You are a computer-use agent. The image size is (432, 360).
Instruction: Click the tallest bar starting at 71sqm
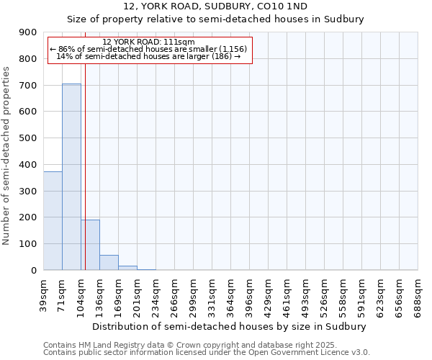coord(71,176)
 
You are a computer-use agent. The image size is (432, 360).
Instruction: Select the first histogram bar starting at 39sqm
coord(53,220)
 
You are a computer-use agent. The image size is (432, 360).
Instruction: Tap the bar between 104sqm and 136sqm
coord(90,245)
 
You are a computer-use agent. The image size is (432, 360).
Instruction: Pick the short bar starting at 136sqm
coord(109,263)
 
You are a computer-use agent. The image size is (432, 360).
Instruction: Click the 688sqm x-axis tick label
coord(418,293)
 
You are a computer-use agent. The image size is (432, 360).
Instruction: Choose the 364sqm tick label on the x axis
coord(231,293)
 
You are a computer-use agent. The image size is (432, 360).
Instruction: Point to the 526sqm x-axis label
coord(325,293)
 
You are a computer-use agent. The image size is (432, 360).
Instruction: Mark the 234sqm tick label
coord(156,293)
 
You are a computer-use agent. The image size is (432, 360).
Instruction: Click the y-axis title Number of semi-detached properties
coord(7,156)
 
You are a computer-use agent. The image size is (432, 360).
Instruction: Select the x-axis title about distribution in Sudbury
coord(230,326)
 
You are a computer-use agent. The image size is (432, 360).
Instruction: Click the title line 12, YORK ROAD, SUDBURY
coord(215,6)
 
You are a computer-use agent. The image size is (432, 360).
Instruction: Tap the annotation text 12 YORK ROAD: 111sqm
coord(148,42)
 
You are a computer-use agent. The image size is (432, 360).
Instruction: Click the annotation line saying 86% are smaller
coord(148,49)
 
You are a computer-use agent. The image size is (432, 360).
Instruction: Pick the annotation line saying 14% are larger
coord(148,56)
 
